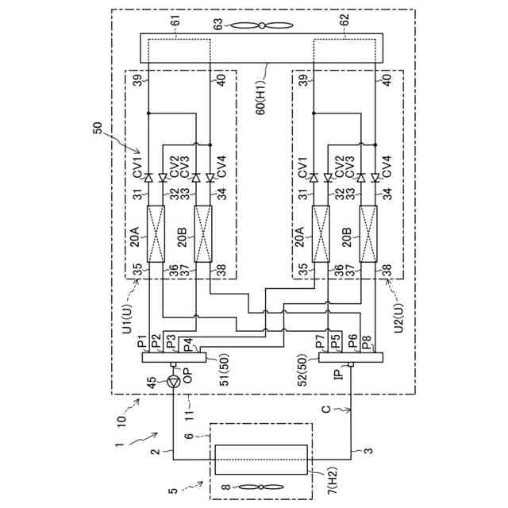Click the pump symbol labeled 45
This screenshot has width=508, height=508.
(174, 383)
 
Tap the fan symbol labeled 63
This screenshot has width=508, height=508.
(261, 25)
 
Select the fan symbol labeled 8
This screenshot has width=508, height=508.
(261, 487)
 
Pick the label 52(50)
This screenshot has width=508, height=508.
(303, 370)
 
